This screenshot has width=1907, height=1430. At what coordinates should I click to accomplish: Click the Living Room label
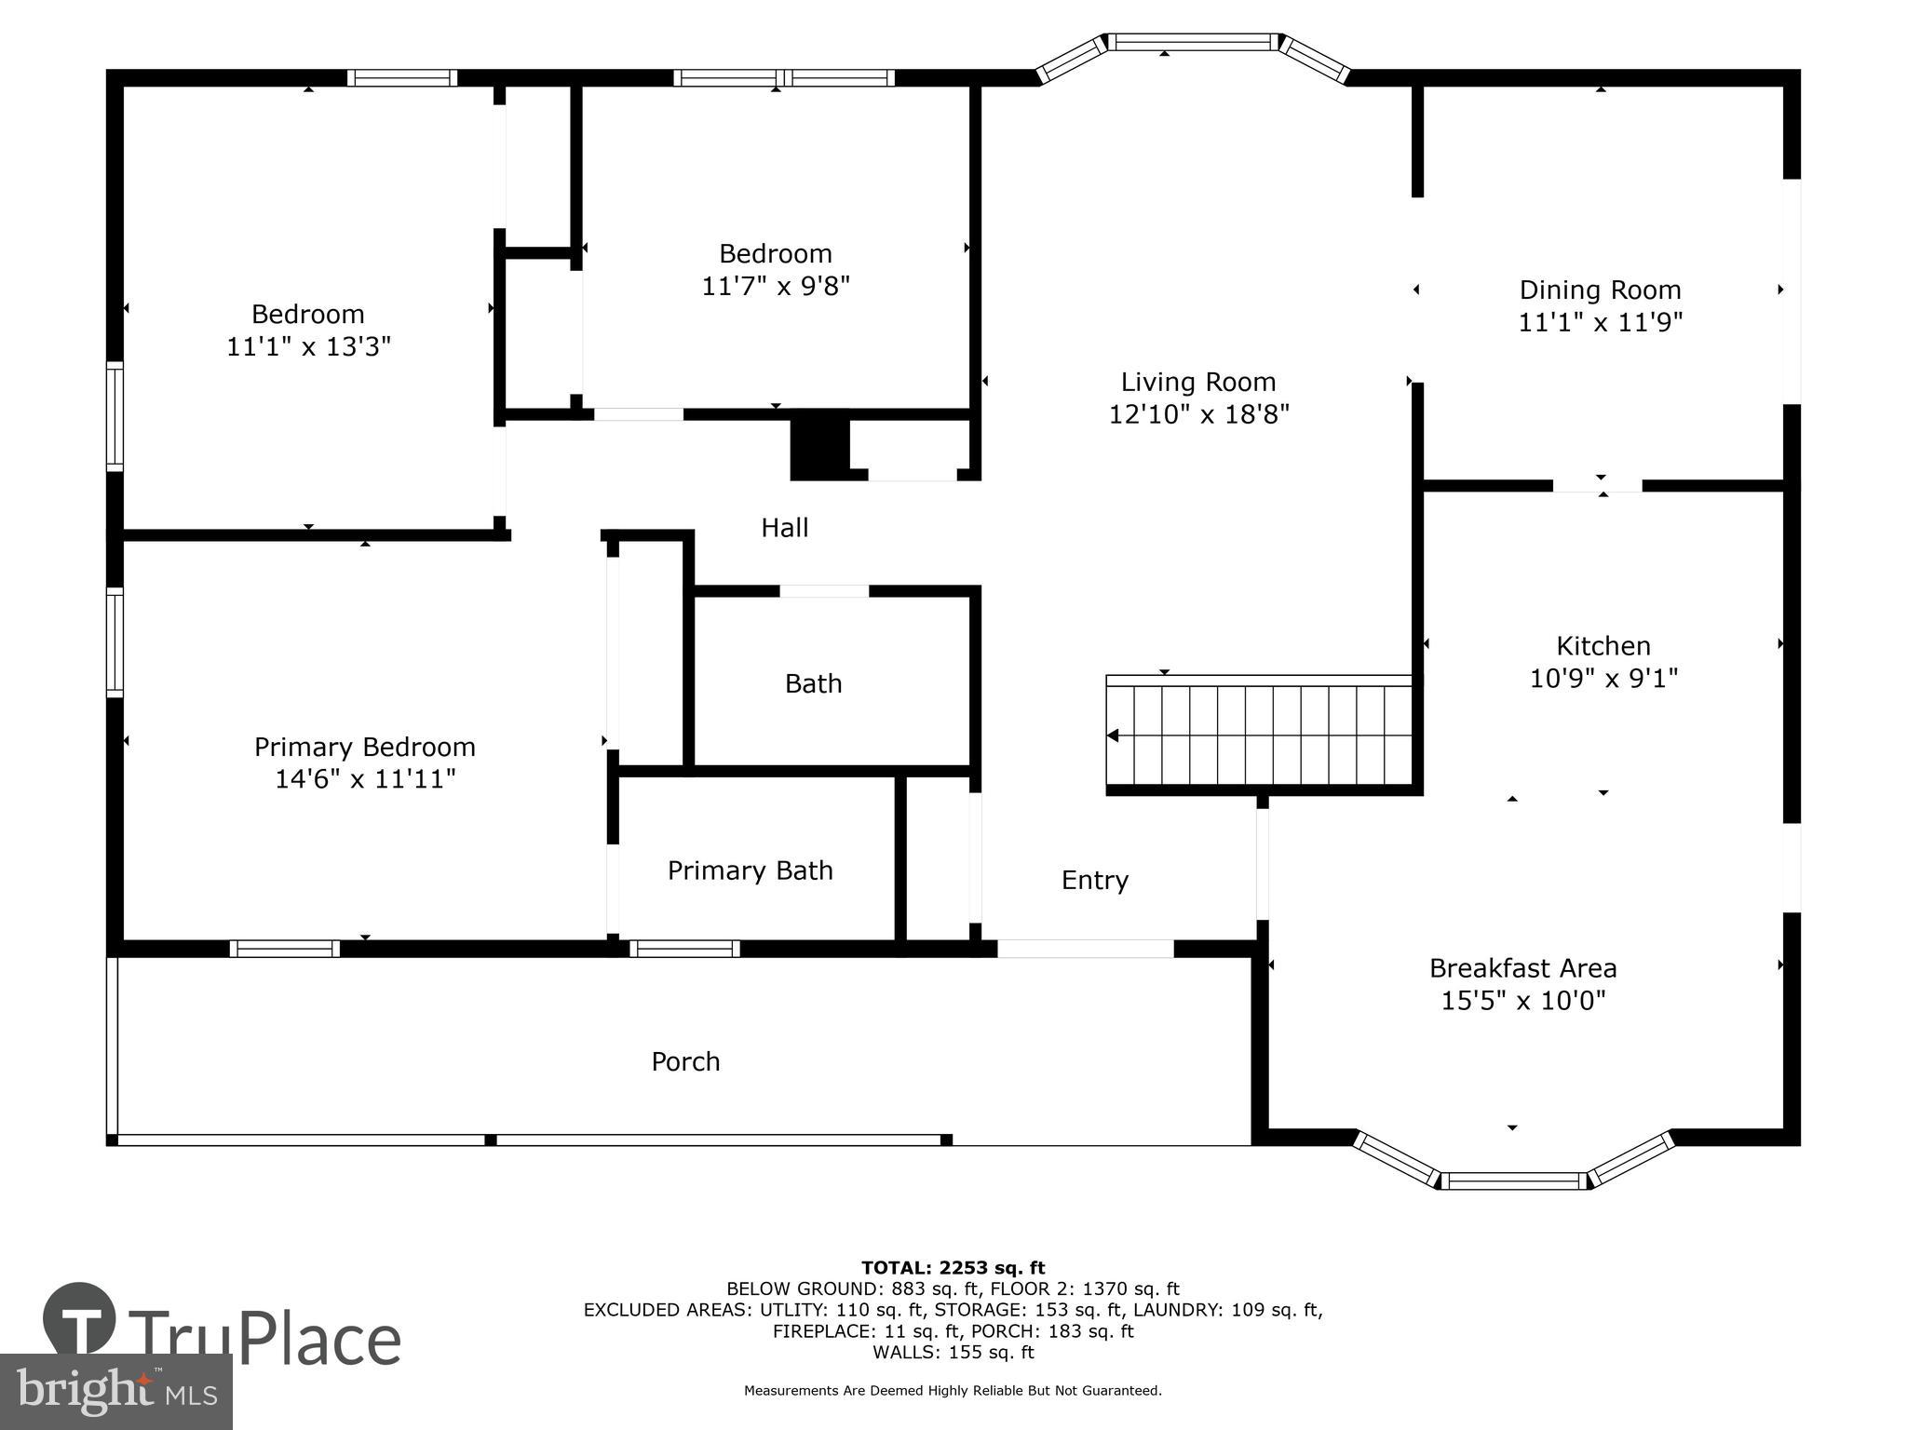click(x=1197, y=382)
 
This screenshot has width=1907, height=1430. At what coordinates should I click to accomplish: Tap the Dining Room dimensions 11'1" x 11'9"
click(x=1600, y=322)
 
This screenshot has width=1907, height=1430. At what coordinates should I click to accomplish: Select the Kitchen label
click(x=1603, y=645)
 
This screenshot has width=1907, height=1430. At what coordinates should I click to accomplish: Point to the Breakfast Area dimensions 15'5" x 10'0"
click(x=1522, y=1001)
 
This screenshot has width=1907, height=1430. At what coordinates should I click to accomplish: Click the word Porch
click(x=685, y=1061)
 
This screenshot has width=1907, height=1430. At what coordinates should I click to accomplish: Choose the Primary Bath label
click(x=750, y=870)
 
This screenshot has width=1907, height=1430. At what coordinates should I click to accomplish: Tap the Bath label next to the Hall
click(x=813, y=683)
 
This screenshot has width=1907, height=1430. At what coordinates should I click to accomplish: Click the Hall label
click(x=784, y=528)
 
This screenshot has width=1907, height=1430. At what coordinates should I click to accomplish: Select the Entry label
click(x=1094, y=880)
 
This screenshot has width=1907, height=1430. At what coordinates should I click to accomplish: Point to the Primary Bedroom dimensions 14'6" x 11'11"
click(x=364, y=778)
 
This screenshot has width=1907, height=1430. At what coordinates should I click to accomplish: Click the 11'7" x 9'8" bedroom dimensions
click(x=775, y=285)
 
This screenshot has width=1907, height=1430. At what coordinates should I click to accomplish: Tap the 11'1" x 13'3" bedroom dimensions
click(x=308, y=346)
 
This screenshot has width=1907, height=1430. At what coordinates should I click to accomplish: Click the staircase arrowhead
click(x=1113, y=735)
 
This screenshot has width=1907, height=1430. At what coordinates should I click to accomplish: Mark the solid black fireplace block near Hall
click(x=820, y=449)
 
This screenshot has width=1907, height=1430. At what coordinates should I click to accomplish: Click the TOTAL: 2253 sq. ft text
click(x=953, y=1267)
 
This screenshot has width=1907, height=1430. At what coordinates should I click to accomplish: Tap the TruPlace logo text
click(x=264, y=1339)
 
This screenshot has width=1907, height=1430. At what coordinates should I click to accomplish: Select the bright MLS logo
click(x=115, y=1392)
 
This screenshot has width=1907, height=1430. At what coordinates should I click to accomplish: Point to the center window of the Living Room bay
click(x=1192, y=42)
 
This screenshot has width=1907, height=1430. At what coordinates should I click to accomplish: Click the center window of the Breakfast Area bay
click(x=1514, y=1180)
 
